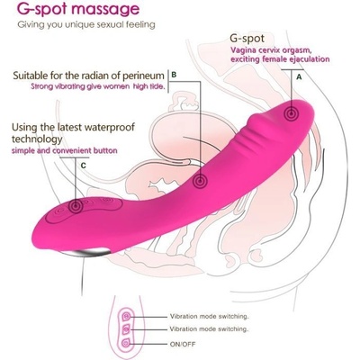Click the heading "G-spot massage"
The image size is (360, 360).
(x=78, y=9)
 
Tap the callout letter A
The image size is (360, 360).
(x=299, y=77)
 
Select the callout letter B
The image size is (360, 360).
(x=174, y=75)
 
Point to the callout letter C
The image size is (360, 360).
(x=84, y=166)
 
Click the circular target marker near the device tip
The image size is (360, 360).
(x=291, y=113)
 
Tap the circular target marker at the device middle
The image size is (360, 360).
(x=200, y=181)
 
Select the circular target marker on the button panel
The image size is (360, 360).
(x=76, y=206)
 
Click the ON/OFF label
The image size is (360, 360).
(x=183, y=344)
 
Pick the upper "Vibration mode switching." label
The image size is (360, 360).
(x=210, y=316)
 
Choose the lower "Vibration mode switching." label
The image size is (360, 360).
(x=210, y=329)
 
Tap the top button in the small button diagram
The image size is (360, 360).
(x=126, y=316)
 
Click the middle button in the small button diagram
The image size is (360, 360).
(x=126, y=329)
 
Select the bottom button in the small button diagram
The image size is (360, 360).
(x=126, y=343)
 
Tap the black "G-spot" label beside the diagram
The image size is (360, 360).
(x=247, y=39)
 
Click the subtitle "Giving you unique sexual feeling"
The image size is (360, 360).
(x=86, y=24)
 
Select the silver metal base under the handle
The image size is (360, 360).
(x=85, y=253)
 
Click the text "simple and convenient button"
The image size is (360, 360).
(x=64, y=150)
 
